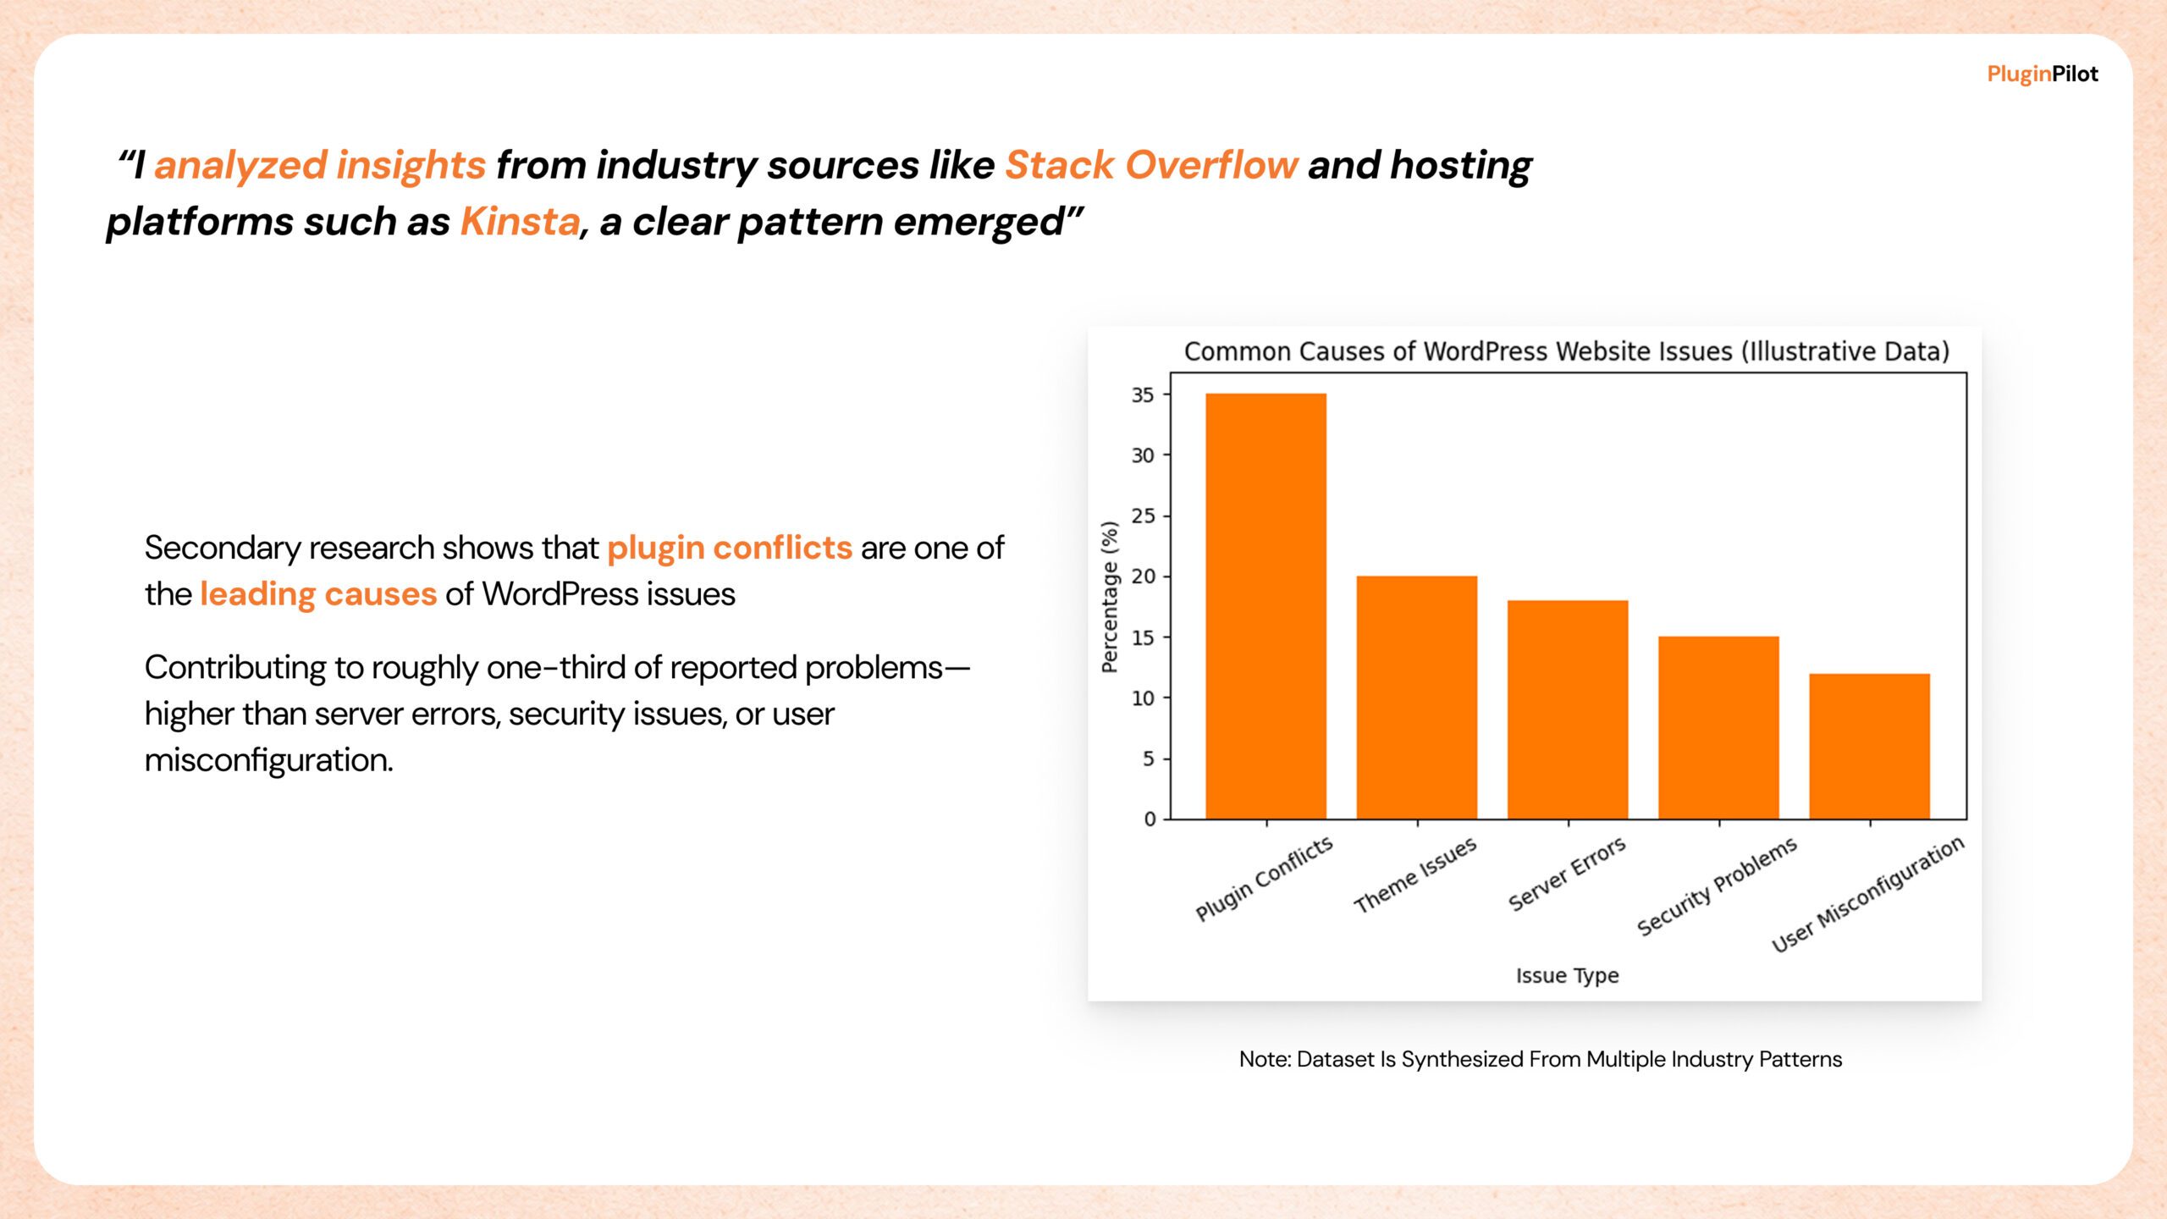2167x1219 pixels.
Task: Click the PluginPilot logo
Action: pos(2042,74)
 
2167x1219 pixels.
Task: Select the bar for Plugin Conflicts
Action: pos(1265,606)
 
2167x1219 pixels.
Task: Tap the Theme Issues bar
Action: pos(1416,698)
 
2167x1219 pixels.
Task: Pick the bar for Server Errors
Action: pos(1567,709)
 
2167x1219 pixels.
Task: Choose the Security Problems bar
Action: pos(1718,727)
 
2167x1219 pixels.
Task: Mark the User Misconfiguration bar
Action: pos(1869,746)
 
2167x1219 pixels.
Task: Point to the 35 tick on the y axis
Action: pos(1143,395)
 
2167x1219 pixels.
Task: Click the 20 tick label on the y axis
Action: pos(1143,576)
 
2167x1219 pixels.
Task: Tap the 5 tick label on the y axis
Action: pos(1148,758)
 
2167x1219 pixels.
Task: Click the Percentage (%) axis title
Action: pos(1110,597)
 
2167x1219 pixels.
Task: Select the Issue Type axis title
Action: pos(1567,975)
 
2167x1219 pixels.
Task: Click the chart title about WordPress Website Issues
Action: pos(1566,351)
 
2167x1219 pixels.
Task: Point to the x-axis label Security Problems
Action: pos(1717,886)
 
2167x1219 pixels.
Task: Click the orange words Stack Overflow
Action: pos(1150,165)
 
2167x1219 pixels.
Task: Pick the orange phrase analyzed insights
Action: pos(319,165)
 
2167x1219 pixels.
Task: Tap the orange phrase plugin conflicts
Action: pos(729,548)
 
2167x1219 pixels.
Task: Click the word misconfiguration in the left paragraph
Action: pos(268,760)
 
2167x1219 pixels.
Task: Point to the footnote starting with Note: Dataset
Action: pos(1540,1059)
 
